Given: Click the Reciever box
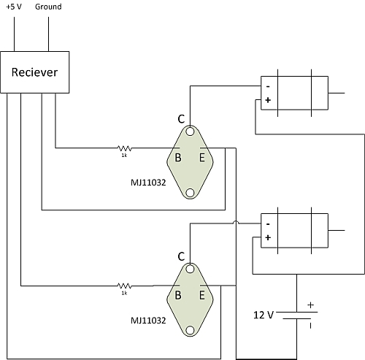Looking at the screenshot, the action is pos(35,72).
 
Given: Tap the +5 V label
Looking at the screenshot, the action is pos(14,7).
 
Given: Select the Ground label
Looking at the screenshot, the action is pos(48,7).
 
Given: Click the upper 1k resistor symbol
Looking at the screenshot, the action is pos(124,148).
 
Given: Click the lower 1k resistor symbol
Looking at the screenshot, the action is pos(124,286).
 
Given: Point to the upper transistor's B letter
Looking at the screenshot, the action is pos(178,158).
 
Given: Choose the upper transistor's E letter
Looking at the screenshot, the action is pos(202,158).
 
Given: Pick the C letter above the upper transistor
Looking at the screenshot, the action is pos(181,119).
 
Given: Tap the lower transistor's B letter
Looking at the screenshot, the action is pos(178,295).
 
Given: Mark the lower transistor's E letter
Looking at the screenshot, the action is pos(202,295).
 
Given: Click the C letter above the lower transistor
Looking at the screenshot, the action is pos(181,256).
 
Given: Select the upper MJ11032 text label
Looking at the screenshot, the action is pos(148,183).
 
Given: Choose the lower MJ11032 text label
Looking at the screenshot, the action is pos(148,321).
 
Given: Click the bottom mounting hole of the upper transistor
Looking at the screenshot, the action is pos(190,193).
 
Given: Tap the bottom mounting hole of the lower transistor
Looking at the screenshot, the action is pos(190,330).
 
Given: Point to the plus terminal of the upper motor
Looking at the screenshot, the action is pos(268,100).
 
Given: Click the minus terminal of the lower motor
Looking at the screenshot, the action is pos(268,224).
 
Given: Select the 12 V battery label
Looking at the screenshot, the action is pos(264,315).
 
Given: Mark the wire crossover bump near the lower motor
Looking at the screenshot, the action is pos(236,222).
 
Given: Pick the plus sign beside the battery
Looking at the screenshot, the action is pos(311,305).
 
